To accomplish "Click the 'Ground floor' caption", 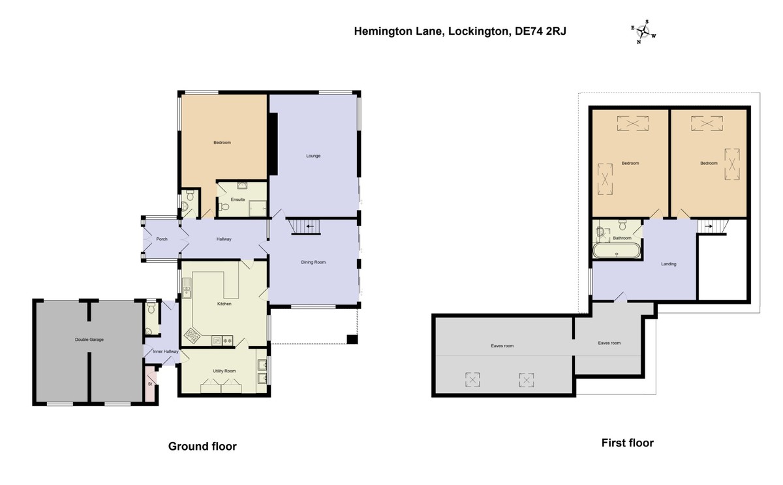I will click(202, 447).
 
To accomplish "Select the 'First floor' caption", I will click(627, 443).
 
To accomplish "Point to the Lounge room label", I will click(313, 156).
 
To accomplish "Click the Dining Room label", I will click(313, 262).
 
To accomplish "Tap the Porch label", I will click(162, 239).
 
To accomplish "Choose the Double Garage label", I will click(89, 340).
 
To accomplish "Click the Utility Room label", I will click(224, 370).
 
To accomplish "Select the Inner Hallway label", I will click(166, 351).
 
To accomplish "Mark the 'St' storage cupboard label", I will click(150, 385).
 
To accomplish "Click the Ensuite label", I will click(238, 199).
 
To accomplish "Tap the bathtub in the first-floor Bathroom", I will click(617, 252).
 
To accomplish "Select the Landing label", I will click(668, 264).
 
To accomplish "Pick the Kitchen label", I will click(224, 304).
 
